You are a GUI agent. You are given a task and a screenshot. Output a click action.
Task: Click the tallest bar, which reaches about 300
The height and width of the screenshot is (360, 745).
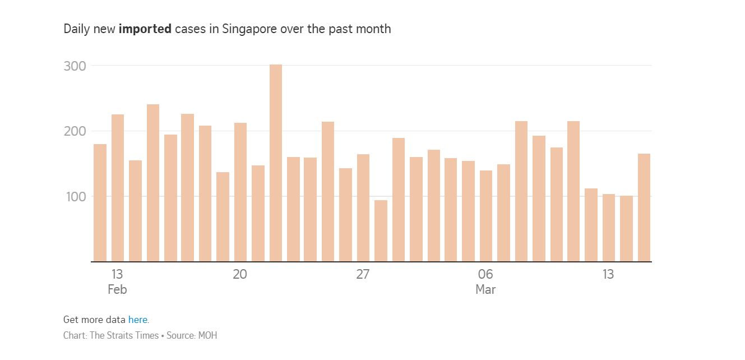pyautogui.click(x=275, y=163)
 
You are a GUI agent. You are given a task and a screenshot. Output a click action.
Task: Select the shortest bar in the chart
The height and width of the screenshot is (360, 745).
pyautogui.click(x=381, y=230)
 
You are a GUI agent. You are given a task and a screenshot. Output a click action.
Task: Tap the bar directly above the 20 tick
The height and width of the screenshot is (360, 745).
pyautogui.click(x=240, y=192)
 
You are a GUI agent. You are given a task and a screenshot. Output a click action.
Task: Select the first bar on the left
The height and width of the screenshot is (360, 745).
pyautogui.click(x=100, y=202)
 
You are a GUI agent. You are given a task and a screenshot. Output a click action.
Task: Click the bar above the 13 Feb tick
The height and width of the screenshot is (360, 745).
pyautogui.click(x=118, y=188)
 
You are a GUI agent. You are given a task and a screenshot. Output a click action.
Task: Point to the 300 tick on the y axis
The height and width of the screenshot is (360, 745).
pyautogui.click(x=75, y=66)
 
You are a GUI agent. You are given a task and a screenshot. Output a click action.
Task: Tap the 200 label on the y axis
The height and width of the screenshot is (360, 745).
pyautogui.click(x=75, y=131)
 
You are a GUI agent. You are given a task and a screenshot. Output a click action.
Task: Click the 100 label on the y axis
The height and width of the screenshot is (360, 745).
pyautogui.click(x=75, y=197)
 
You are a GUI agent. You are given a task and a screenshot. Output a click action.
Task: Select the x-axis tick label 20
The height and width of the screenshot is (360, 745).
pyautogui.click(x=240, y=274)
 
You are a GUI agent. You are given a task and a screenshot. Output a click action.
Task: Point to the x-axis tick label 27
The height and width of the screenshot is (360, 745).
pyautogui.click(x=363, y=274)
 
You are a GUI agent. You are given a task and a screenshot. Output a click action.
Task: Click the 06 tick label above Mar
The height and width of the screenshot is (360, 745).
pyautogui.click(x=485, y=274)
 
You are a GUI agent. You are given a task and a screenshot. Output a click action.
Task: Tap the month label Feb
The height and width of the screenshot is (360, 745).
pyautogui.click(x=117, y=290)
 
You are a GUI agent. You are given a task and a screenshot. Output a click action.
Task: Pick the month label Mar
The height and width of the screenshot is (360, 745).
pyautogui.click(x=485, y=290)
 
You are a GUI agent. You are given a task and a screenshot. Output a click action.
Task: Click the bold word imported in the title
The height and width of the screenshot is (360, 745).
pyautogui.click(x=145, y=29)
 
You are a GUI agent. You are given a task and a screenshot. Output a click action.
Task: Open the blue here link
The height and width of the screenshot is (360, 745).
pyautogui.click(x=137, y=320)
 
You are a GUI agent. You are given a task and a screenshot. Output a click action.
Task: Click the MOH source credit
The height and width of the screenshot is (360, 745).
pyautogui.click(x=207, y=336)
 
